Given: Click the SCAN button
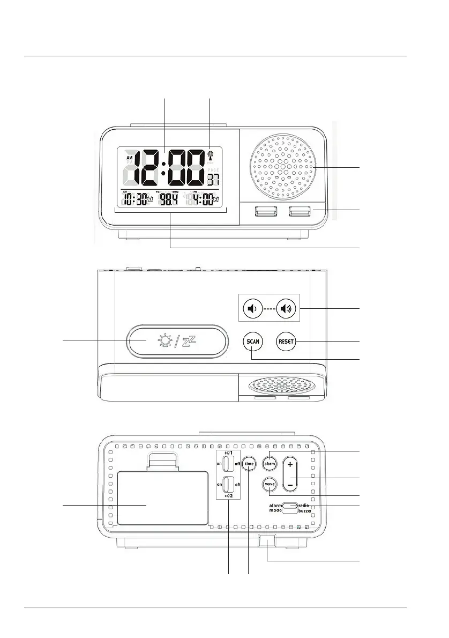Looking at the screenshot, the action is pyautogui.click(x=252, y=342).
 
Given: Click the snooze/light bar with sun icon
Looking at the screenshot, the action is pyautogui.click(x=174, y=341).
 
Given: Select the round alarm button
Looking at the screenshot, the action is pyautogui.click(x=269, y=463).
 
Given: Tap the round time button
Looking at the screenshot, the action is pyautogui.click(x=249, y=463).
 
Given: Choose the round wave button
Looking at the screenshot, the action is pyautogui.click(x=270, y=484).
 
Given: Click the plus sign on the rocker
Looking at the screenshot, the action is pyautogui.click(x=290, y=464).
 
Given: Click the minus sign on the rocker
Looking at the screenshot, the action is pyautogui.click(x=290, y=485).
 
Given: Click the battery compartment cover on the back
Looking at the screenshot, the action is pyautogui.click(x=162, y=498).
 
